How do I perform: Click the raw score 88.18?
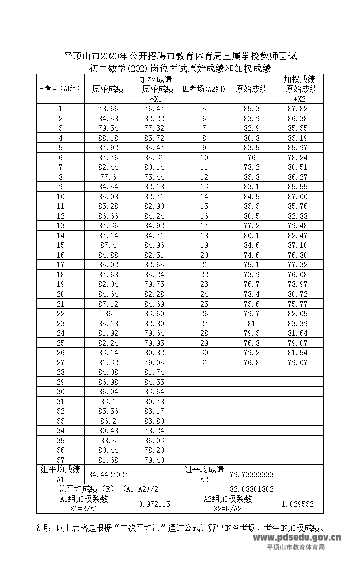(x=108, y=138)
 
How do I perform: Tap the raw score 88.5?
(x=108, y=440)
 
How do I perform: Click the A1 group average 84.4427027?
(x=108, y=474)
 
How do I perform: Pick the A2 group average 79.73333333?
(x=252, y=474)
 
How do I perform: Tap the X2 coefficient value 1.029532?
(x=299, y=504)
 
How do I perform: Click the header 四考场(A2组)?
(x=204, y=89)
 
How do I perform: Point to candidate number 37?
(x=60, y=460)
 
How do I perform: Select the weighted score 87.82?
(x=299, y=109)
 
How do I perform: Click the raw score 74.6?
(x=252, y=255)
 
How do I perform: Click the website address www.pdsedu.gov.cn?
(x=297, y=538)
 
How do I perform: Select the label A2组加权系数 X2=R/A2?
(x=228, y=504)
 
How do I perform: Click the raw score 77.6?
(x=108, y=177)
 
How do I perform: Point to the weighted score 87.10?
(x=299, y=245)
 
